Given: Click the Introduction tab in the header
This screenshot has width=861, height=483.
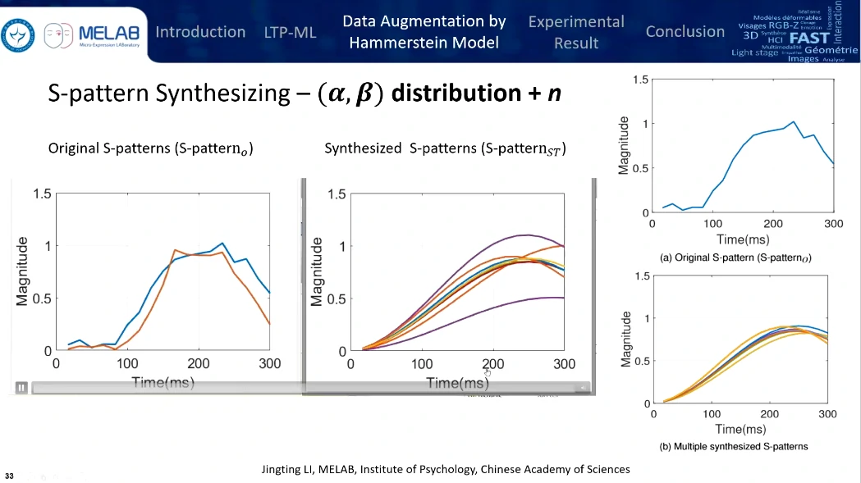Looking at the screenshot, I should tap(200, 32).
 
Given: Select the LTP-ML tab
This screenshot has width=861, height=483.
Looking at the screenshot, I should tap(290, 33).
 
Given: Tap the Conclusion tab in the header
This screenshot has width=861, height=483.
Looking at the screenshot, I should tap(685, 32).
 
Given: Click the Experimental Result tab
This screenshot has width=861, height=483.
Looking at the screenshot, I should tap(575, 32).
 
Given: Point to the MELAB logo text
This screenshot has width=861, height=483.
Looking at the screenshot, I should tap(109, 33).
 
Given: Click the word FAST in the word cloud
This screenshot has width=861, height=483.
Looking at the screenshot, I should tap(808, 37).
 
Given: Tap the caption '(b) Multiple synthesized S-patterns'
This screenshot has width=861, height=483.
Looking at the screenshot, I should tap(734, 446).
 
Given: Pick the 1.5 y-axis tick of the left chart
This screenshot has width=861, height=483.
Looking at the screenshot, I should tap(41, 194).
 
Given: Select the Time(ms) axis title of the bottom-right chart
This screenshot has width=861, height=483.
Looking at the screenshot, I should tap(740, 429).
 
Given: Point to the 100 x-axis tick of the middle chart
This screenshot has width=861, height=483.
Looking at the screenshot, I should tap(421, 363).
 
